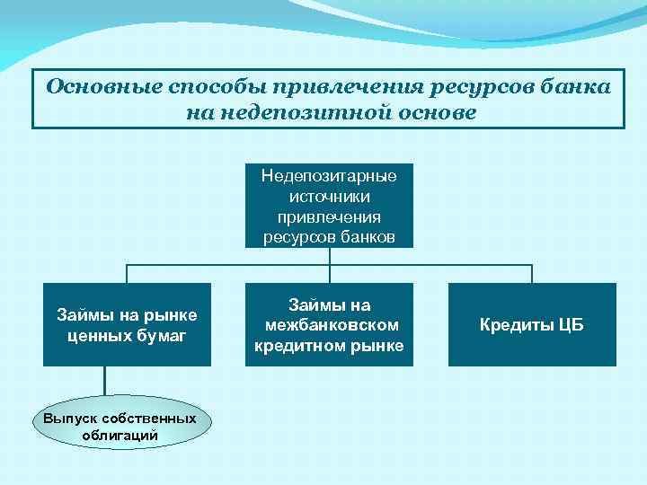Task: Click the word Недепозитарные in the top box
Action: pos(329,176)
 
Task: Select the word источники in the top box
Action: pos(329,197)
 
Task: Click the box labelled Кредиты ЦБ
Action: pos(532,324)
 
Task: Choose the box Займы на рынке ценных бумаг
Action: pos(127,324)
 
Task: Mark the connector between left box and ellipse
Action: pos(104,381)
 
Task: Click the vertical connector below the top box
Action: pos(330,256)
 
